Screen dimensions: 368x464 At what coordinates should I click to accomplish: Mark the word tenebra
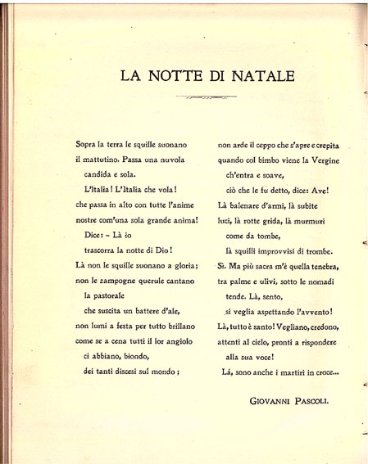tap(320, 266)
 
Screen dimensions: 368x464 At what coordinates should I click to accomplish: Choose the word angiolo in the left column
tap(179, 342)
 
